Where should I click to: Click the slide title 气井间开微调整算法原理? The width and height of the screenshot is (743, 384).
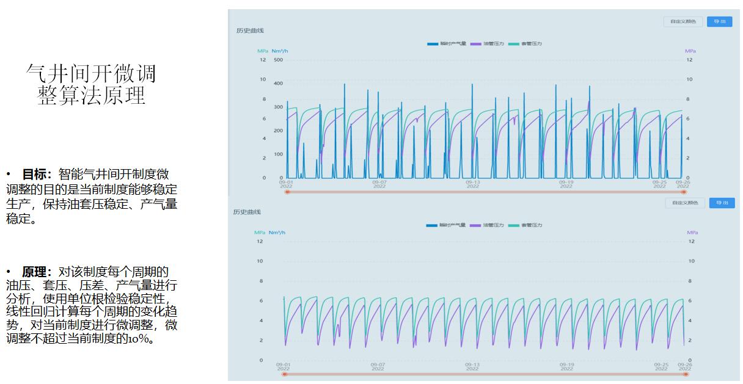[x=91, y=84]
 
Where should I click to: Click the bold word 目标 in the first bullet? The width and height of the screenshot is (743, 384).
[x=37, y=174]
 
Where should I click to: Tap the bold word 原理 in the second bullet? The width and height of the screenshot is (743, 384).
[x=37, y=272]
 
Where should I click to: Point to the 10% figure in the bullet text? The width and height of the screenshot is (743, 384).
[x=140, y=338]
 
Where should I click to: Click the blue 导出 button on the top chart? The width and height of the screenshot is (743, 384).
[x=719, y=21]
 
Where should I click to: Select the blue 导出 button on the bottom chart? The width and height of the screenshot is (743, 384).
[x=722, y=203]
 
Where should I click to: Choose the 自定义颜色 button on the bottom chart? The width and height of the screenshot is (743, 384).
[x=684, y=203]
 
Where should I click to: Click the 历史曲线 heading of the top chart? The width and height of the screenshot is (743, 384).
[x=250, y=31]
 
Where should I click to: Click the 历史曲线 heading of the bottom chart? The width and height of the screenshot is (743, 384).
[x=246, y=212]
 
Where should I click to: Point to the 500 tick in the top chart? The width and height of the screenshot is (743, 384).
[x=278, y=60]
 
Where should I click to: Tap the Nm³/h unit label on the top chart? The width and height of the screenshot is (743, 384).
[x=279, y=51]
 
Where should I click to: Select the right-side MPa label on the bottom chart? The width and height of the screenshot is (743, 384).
[x=692, y=233]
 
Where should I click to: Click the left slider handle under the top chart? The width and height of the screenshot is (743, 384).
[x=287, y=192]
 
